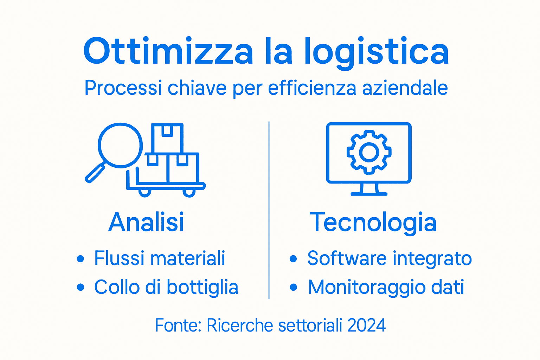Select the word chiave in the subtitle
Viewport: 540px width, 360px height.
click(197, 88)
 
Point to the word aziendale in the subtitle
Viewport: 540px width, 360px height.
click(405, 88)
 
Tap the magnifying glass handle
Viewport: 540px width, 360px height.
click(95, 173)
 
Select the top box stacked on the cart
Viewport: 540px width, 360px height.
click(167, 138)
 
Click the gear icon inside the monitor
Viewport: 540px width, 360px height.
click(369, 152)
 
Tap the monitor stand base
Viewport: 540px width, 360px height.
click(369, 193)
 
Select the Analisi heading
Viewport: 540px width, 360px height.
click(146, 222)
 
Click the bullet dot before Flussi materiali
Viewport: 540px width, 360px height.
click(81, 259)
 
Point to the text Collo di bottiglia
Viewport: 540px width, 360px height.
click(166, 287)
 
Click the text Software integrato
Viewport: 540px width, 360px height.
click(390, 258)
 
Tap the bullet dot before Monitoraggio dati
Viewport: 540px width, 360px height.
click(294, 288)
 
